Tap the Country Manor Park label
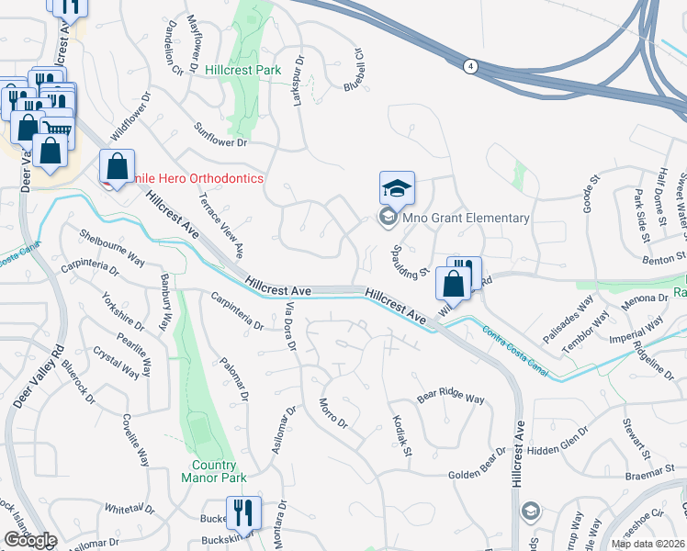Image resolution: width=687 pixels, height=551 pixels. pos(214,471)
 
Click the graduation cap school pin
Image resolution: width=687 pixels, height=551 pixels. pos(398,189)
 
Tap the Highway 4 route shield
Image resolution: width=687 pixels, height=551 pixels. pos(470,66)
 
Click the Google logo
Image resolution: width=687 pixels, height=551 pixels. pos(29,540)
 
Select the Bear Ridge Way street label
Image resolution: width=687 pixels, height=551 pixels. pos(450,399)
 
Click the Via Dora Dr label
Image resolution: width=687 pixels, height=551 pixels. pos(291,327)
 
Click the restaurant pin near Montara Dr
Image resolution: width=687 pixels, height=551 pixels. pos(243,512)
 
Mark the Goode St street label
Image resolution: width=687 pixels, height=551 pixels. pos(589,196)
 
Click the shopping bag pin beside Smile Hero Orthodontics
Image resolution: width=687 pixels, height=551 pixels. pos(118,167)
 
